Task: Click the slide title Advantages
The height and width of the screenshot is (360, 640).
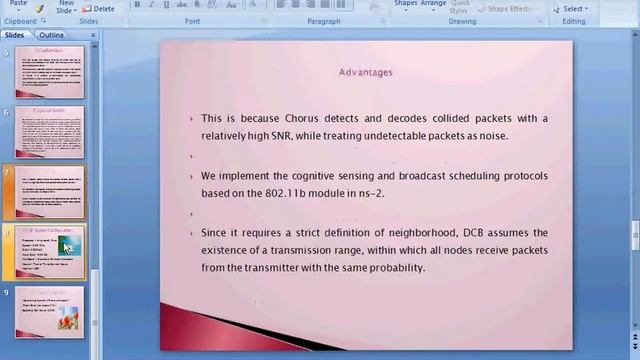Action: coord(365,72)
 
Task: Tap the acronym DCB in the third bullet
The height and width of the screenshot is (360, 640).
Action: coord(476,233)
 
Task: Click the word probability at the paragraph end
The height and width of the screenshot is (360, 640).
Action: coord(397,267)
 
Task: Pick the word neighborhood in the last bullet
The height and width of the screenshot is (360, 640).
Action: coord(427,233)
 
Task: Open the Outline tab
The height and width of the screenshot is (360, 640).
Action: coord(51,35)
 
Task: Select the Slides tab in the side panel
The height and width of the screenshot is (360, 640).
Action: coord(15,35)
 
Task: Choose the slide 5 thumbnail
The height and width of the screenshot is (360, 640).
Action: coord(49,72)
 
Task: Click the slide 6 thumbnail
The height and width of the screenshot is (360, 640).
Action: coord(49,131)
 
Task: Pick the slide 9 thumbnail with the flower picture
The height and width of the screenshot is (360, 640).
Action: coord(49,312)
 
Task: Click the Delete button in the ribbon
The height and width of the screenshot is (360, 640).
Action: coord(99,8)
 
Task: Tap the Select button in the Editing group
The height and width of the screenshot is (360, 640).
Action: coord(574,8)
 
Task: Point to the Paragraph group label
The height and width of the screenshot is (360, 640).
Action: coord(323,21)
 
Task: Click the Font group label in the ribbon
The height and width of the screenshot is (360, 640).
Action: coord(192,21)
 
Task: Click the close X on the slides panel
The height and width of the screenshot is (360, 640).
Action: coord(94,35)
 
